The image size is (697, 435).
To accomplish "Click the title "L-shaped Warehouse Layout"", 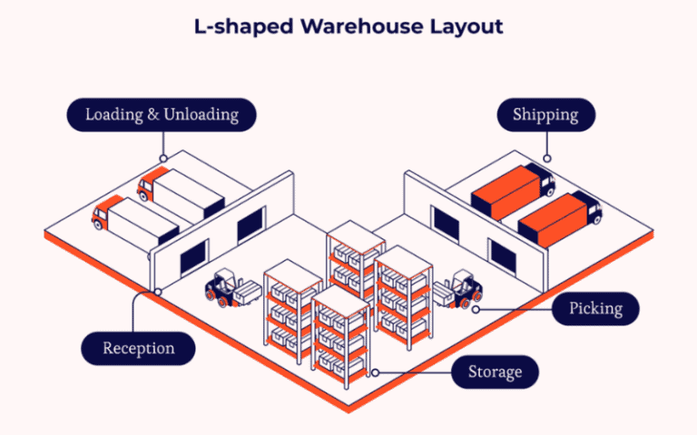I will (x=348, y=26).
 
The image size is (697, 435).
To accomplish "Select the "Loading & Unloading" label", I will (x=162, y=115).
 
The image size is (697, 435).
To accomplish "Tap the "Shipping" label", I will (x=545, y=115).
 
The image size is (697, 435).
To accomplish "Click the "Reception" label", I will (x=138, y=348).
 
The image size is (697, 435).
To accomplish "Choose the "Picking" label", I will (x=595, y=308).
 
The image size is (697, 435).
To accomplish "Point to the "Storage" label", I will (x=495, y=372).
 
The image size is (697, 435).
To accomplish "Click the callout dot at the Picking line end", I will (x=475, y=308).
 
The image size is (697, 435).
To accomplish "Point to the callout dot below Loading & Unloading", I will (x=162, y=159).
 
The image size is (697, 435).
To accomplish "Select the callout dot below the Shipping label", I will (x=546, y=159).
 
